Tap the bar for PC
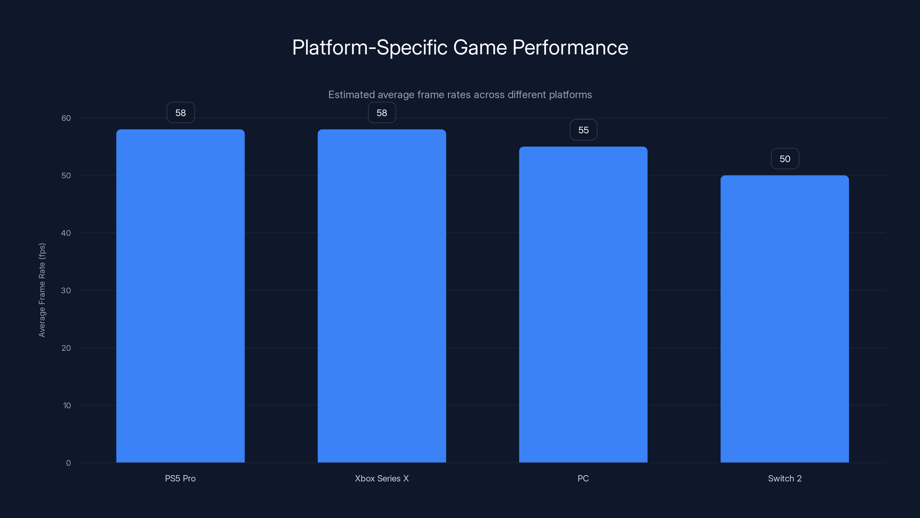583,304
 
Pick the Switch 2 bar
785,319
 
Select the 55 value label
583,130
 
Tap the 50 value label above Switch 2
785,159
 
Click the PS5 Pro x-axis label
180,478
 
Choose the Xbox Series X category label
382,478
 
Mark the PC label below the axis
583,478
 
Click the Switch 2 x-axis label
785,478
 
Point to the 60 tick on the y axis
66,118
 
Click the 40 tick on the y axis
66,233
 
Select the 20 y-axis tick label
66,348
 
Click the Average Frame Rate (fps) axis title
42,290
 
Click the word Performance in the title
570,47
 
